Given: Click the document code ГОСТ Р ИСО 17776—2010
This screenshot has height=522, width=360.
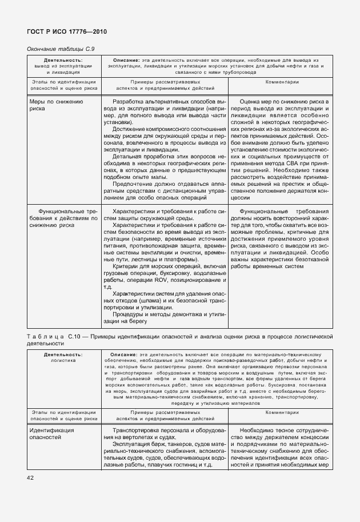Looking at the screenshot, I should click(x=67, y=31).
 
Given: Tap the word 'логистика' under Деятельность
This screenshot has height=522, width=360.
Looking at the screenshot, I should click(x=63, y=361).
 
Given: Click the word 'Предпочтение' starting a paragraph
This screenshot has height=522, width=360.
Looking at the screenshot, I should click(x=134, y=184).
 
